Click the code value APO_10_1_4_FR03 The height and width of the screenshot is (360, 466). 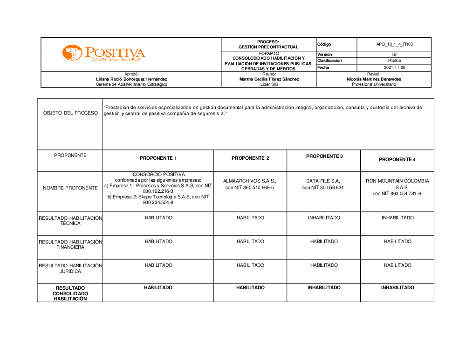click(x=395, y=44)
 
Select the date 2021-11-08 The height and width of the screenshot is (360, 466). click(x=395, y=68)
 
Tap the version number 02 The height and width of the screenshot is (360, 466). click(x=395, y=54)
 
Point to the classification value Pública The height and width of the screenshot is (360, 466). click(x=395, y=61)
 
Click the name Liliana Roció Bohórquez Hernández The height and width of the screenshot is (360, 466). click(x=131, y=79)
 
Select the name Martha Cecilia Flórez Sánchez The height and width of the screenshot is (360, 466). click(x=269, y=79)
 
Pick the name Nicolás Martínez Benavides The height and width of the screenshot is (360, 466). click(x=374, y=79)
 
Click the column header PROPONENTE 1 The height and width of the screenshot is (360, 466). click(x=158, y=158)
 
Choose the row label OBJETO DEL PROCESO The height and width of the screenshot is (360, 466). click(x=70, y=113)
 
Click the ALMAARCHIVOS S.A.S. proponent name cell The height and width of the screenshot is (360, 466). click(x=250, y=184)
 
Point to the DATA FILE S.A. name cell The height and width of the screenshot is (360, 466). click(x=323, y=184)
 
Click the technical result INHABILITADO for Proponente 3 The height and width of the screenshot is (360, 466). click(x=324, y=218)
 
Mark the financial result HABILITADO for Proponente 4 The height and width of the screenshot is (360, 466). click(x=397, y=242)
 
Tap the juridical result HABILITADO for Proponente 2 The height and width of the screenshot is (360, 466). click(x=250, y=265)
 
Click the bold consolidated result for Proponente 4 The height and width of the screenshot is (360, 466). click(x=397, y=288)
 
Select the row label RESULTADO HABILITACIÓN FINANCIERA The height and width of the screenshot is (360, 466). click(x=70, y=245)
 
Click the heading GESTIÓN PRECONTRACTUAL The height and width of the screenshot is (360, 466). click(x=268, y=47)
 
